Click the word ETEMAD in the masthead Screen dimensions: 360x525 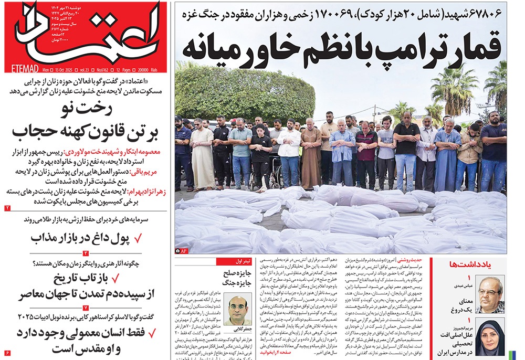click(x=24, y=68)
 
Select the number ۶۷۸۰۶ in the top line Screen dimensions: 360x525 click(x=488, y=13)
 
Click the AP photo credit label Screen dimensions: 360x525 click(x=181, y=251)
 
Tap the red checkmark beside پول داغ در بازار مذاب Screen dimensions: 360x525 click(x=138, y=239)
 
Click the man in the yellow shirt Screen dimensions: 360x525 click(x=469, y=152)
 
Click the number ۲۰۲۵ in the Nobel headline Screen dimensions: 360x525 click(x=25, y=317)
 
